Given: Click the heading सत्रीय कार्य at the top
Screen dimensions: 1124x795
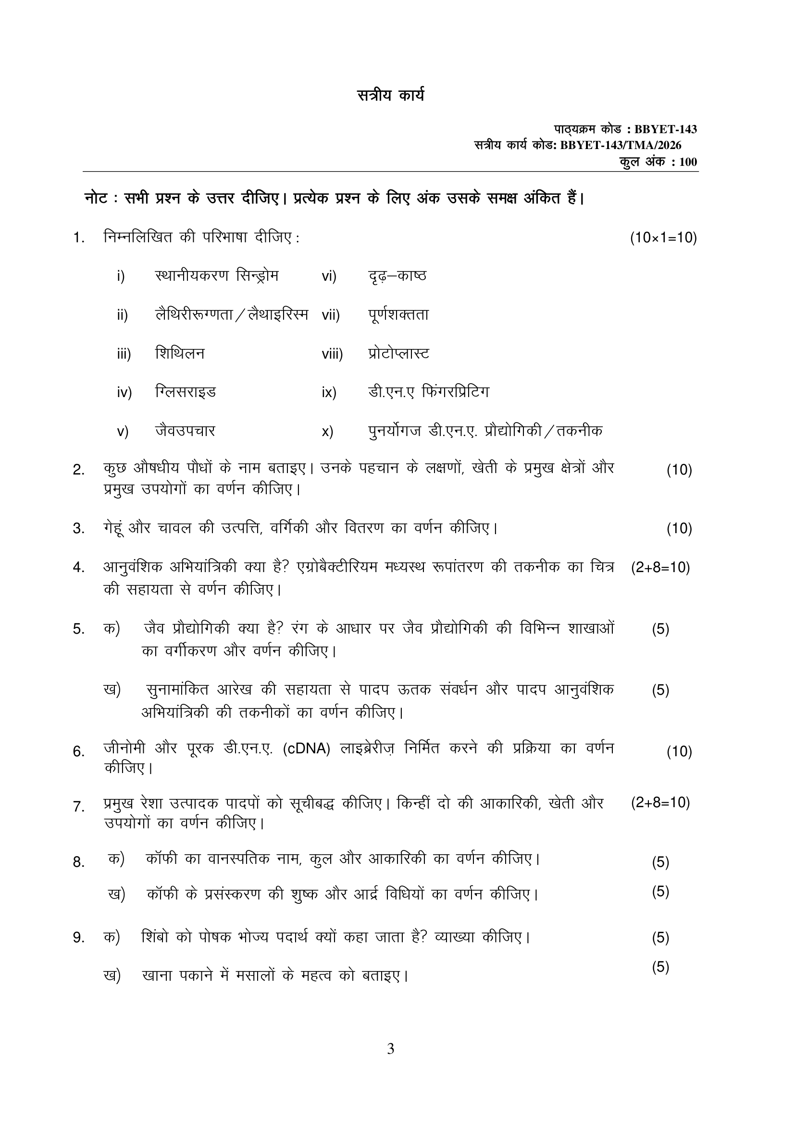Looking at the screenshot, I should [x=390, y=95].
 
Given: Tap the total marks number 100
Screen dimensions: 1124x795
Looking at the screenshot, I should [x=688, y=162].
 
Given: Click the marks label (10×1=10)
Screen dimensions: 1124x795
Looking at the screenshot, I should [x=663, y=238].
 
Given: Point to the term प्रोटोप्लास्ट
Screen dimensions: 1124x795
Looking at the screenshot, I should [x=398, y=353].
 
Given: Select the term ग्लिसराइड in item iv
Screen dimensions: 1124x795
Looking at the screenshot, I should [x=186, y=392].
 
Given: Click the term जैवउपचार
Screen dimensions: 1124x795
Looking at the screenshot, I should [x=185, y=431].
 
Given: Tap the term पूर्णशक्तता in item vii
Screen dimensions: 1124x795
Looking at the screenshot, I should [x=398, y=315].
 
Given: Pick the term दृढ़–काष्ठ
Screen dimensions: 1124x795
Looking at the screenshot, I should [x=397, y=276].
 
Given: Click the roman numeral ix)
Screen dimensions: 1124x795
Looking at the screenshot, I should [x=329, y=393].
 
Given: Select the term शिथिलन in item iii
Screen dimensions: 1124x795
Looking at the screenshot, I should [x=180, y=353].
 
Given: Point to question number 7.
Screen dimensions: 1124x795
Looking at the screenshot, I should [x=79, y=806].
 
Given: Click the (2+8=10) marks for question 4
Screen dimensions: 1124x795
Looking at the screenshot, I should [x=660, y=568].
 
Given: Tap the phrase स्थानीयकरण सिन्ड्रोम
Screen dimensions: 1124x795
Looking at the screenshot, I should [x=216, y=276].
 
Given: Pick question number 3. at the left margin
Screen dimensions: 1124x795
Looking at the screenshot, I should [x=79, y=529].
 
